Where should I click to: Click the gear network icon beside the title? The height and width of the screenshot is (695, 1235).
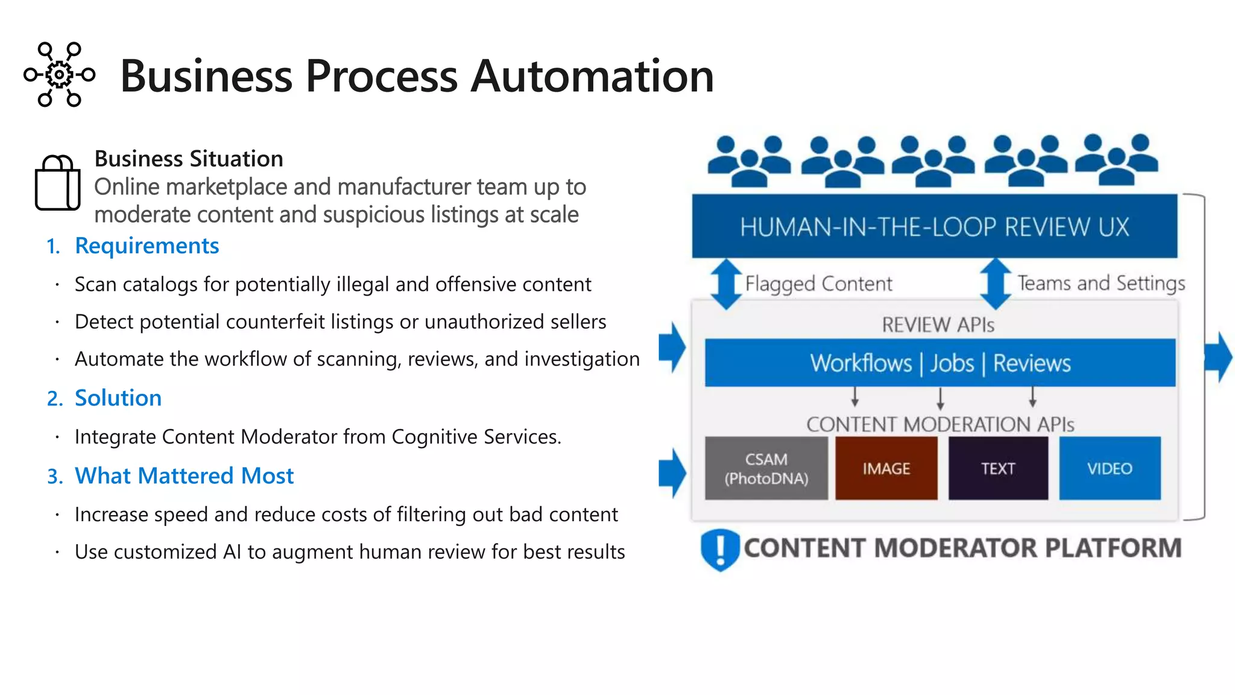point(59,75)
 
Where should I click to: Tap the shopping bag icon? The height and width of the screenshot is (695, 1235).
point(57,182)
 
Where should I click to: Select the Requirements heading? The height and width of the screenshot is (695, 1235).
point(147,246)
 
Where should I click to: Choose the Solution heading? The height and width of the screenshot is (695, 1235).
point(118,398)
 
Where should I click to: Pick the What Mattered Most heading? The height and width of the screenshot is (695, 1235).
point(184,476)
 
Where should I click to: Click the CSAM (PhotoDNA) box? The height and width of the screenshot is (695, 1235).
point(766,469)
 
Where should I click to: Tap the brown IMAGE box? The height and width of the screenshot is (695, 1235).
point(886,469)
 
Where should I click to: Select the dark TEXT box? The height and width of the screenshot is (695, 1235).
point(998,469)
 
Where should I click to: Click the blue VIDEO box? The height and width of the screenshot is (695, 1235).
point(1110,469)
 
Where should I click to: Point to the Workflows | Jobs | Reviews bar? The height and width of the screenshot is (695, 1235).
point(940,363)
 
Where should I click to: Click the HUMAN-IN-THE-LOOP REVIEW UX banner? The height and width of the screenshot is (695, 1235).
point(934,227)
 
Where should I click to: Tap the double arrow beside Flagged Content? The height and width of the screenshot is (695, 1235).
point(726,284)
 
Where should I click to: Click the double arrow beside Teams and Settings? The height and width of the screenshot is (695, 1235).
point(995,284)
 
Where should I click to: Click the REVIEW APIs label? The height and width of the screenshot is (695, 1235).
point(938,325)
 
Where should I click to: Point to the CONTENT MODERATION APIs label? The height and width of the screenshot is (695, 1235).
point(940,424)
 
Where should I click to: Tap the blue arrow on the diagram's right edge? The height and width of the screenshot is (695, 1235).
point(1219,357)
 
